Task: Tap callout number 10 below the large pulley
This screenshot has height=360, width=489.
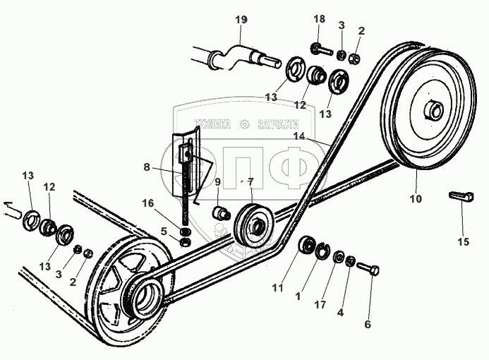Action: click(416, 198)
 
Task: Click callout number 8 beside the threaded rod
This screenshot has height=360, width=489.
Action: click(146, 167)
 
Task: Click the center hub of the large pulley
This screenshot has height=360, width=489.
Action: click(433, 111)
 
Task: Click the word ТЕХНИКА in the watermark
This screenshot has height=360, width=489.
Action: click(211, 123)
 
